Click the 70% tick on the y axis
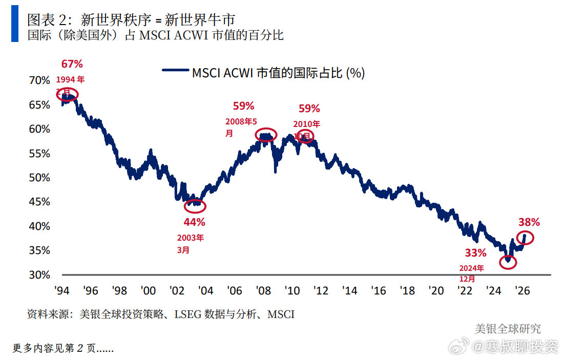39,80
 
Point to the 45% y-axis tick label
39,202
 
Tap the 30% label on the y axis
39,275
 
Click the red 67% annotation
72,64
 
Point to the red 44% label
194,222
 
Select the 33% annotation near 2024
475,252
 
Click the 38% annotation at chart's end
529,222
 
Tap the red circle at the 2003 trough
195,206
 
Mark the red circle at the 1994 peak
68,94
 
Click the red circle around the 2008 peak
265,135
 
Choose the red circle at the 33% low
508,262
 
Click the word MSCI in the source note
281,314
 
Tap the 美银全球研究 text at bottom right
507,329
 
